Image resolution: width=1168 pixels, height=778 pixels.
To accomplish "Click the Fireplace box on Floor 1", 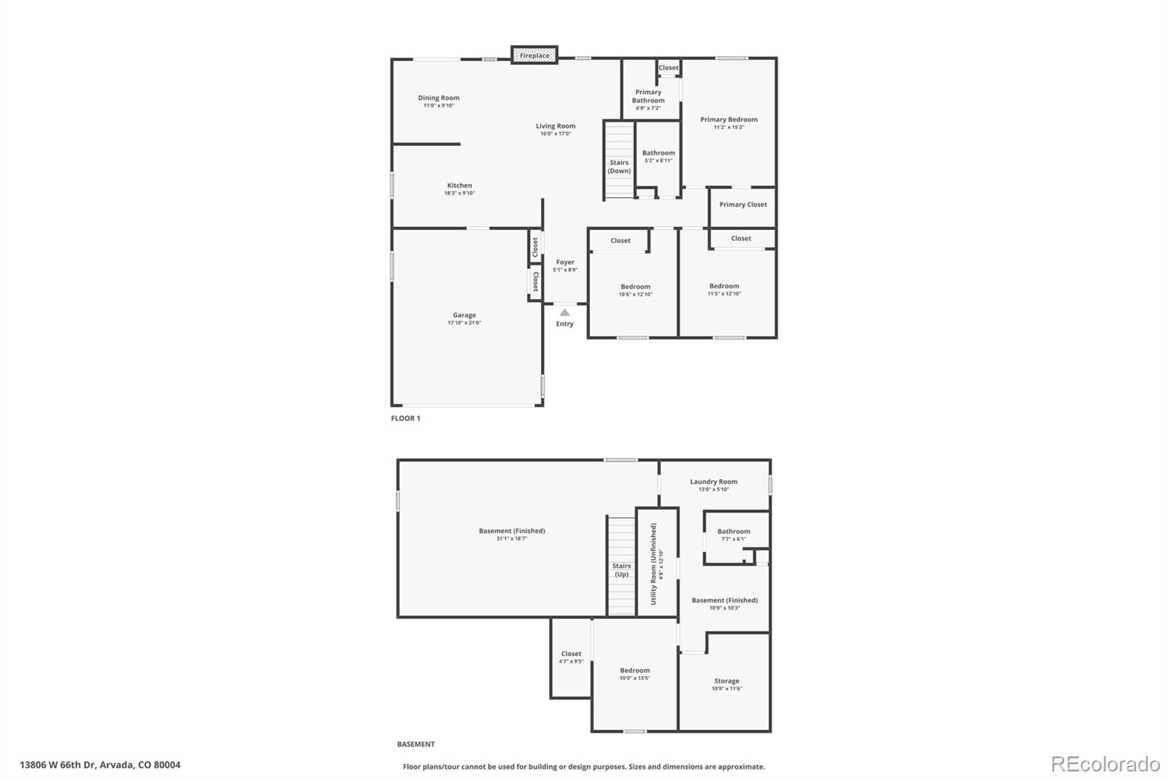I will [534, 55].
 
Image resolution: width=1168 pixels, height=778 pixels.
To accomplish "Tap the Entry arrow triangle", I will [564, 312].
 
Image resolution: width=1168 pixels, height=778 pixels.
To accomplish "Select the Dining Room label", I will [439, 98].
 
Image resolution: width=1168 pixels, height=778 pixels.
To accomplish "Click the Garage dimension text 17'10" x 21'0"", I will [464, 323].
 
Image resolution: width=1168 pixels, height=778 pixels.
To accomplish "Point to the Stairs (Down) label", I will [619, 166].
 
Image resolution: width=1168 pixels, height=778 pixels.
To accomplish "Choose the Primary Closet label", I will [742, 204].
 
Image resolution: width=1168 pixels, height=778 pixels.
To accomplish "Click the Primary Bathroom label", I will [648, 96].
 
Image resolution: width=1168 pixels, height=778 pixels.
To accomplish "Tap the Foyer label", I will [565, 262].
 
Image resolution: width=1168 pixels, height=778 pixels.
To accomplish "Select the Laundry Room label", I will [713, 482].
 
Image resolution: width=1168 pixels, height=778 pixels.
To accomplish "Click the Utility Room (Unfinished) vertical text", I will [653, 563].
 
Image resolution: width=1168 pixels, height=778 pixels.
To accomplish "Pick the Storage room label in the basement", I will [726, 681].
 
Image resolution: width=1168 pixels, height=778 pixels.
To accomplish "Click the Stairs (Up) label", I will [621, 569].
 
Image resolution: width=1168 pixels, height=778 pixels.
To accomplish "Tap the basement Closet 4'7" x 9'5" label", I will [571, 654].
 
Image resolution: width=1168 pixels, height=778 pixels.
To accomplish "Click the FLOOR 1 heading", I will [406, 418].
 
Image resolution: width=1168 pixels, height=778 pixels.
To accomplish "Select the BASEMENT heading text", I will [415, 744].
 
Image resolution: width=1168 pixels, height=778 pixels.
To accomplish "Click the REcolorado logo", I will [1105, 764].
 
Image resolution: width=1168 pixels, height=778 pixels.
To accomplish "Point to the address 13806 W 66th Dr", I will [100, 765].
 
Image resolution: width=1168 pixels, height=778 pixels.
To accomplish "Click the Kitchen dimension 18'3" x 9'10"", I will [459, 193].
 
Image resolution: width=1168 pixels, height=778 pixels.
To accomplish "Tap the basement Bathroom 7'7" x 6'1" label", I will [733, 531].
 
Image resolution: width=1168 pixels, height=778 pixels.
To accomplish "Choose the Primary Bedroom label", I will [729, 120].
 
